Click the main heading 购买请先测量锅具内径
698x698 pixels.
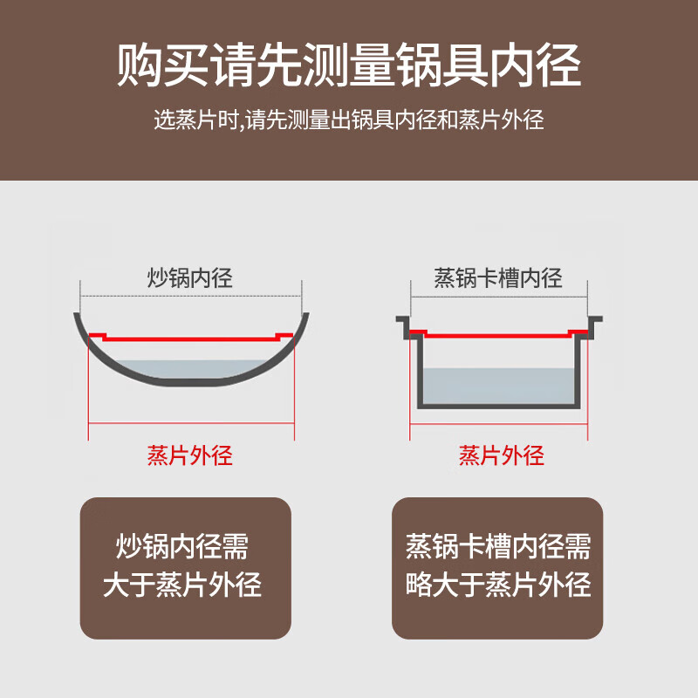(x=349, y=66)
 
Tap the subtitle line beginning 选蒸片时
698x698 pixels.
(x=349, y=120)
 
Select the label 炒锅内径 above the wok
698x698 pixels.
(x=190, y=279)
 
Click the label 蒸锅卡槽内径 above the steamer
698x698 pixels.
(x=498, y=279)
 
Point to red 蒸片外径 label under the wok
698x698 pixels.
(x=190, y=455)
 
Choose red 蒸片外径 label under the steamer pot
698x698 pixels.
(x=502, y=455)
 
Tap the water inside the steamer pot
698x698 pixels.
(x=498, y=384)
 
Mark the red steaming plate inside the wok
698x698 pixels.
(x=190, y=334)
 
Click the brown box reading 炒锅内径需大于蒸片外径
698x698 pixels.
(x=185, y=567)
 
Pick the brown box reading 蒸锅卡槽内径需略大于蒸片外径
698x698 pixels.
(x=498, y=567)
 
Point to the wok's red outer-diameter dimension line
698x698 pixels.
(x=190, y=425)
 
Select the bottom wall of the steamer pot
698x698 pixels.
(x=498, y=405)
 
